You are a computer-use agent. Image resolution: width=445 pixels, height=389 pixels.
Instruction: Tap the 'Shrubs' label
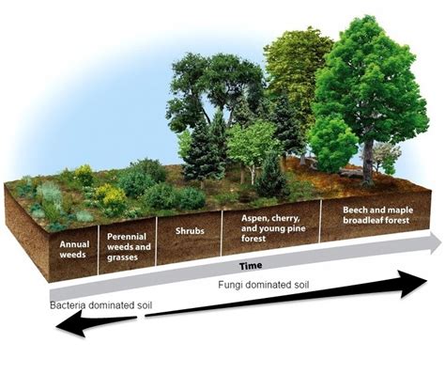pos(189,228)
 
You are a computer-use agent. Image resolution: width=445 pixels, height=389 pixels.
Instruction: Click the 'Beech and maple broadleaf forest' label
pos(372,210)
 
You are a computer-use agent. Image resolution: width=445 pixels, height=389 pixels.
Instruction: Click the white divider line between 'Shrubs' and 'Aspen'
pos(222,233)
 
